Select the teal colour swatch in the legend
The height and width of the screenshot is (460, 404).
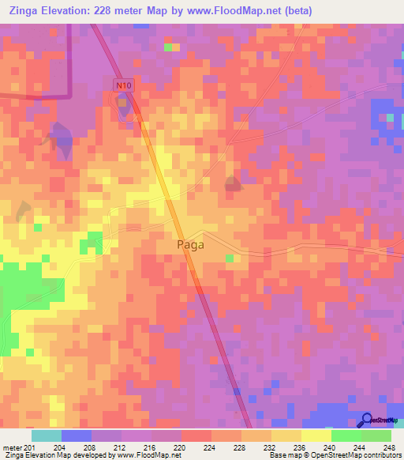(x=47, y=435)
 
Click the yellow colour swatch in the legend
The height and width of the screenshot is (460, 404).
(x=316, y=435)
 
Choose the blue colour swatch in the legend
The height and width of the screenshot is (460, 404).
(x=77, y=435)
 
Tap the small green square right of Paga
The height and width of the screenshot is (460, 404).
(x=230, y=258)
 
